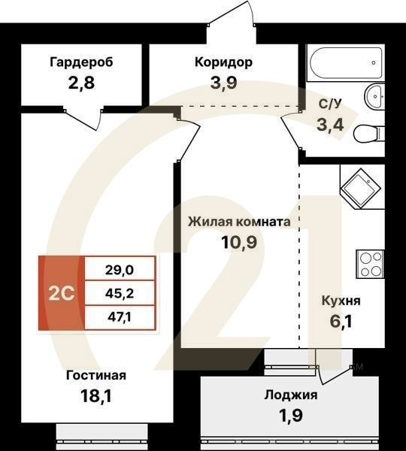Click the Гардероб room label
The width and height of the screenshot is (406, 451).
(82, 62)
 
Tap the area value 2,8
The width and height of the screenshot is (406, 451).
(82, 82)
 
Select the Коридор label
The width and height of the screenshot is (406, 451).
(223, 62)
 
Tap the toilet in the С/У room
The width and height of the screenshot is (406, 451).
(368, 135)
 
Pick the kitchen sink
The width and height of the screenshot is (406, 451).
(361, 184)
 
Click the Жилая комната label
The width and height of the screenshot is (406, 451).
(238, 222)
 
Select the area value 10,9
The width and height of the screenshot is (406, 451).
(238, 244)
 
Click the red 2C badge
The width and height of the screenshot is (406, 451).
(62, 293)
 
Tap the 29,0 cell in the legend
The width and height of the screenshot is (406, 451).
(121, 268)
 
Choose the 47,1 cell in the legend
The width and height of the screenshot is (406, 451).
(121, 318)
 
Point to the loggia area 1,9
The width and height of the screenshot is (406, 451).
(290, 415)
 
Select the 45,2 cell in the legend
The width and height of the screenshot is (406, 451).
(121, 293)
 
